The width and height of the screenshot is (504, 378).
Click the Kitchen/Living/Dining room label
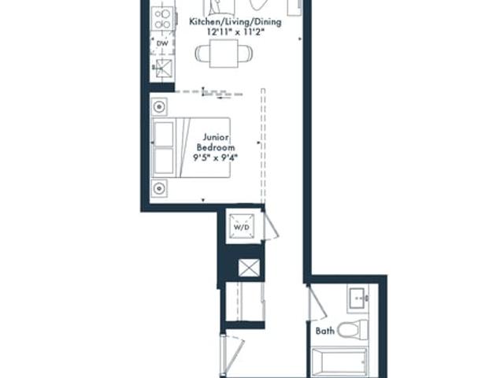[x=235, y=22]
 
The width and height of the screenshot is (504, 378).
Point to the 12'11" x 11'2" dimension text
[x=235, y=31]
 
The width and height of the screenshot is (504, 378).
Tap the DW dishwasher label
[x=162, y=43]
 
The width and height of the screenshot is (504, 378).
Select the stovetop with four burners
[x=163, y=19]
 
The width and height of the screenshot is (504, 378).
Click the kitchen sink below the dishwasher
[x=164, y=69]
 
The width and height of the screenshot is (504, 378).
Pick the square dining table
[x=224, y=54]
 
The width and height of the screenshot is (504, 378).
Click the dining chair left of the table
[x=202, y=54]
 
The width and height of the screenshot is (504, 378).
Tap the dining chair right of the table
[x=245, y=54]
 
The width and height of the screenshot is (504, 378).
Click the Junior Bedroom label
[x=216, y=143]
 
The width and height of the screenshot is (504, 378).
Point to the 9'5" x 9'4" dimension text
[x=215, y=157]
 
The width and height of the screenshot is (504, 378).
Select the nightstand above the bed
[x=159, y=107]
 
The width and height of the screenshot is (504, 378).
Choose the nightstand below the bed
[x=159, y=188]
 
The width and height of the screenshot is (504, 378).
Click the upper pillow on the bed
[x=164, y=134]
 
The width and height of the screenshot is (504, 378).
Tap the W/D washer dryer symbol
[x=242, y=227]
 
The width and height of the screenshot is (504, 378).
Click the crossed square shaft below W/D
[x=249, y=268]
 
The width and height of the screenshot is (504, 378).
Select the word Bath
[x=325, y=331]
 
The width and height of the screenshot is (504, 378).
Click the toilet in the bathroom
[x=353, y=330]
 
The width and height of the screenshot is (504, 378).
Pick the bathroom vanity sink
[x=358, y=299]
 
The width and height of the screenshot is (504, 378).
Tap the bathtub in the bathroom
[x=339, y=361]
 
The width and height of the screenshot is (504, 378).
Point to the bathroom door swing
[x=317, y=303]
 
